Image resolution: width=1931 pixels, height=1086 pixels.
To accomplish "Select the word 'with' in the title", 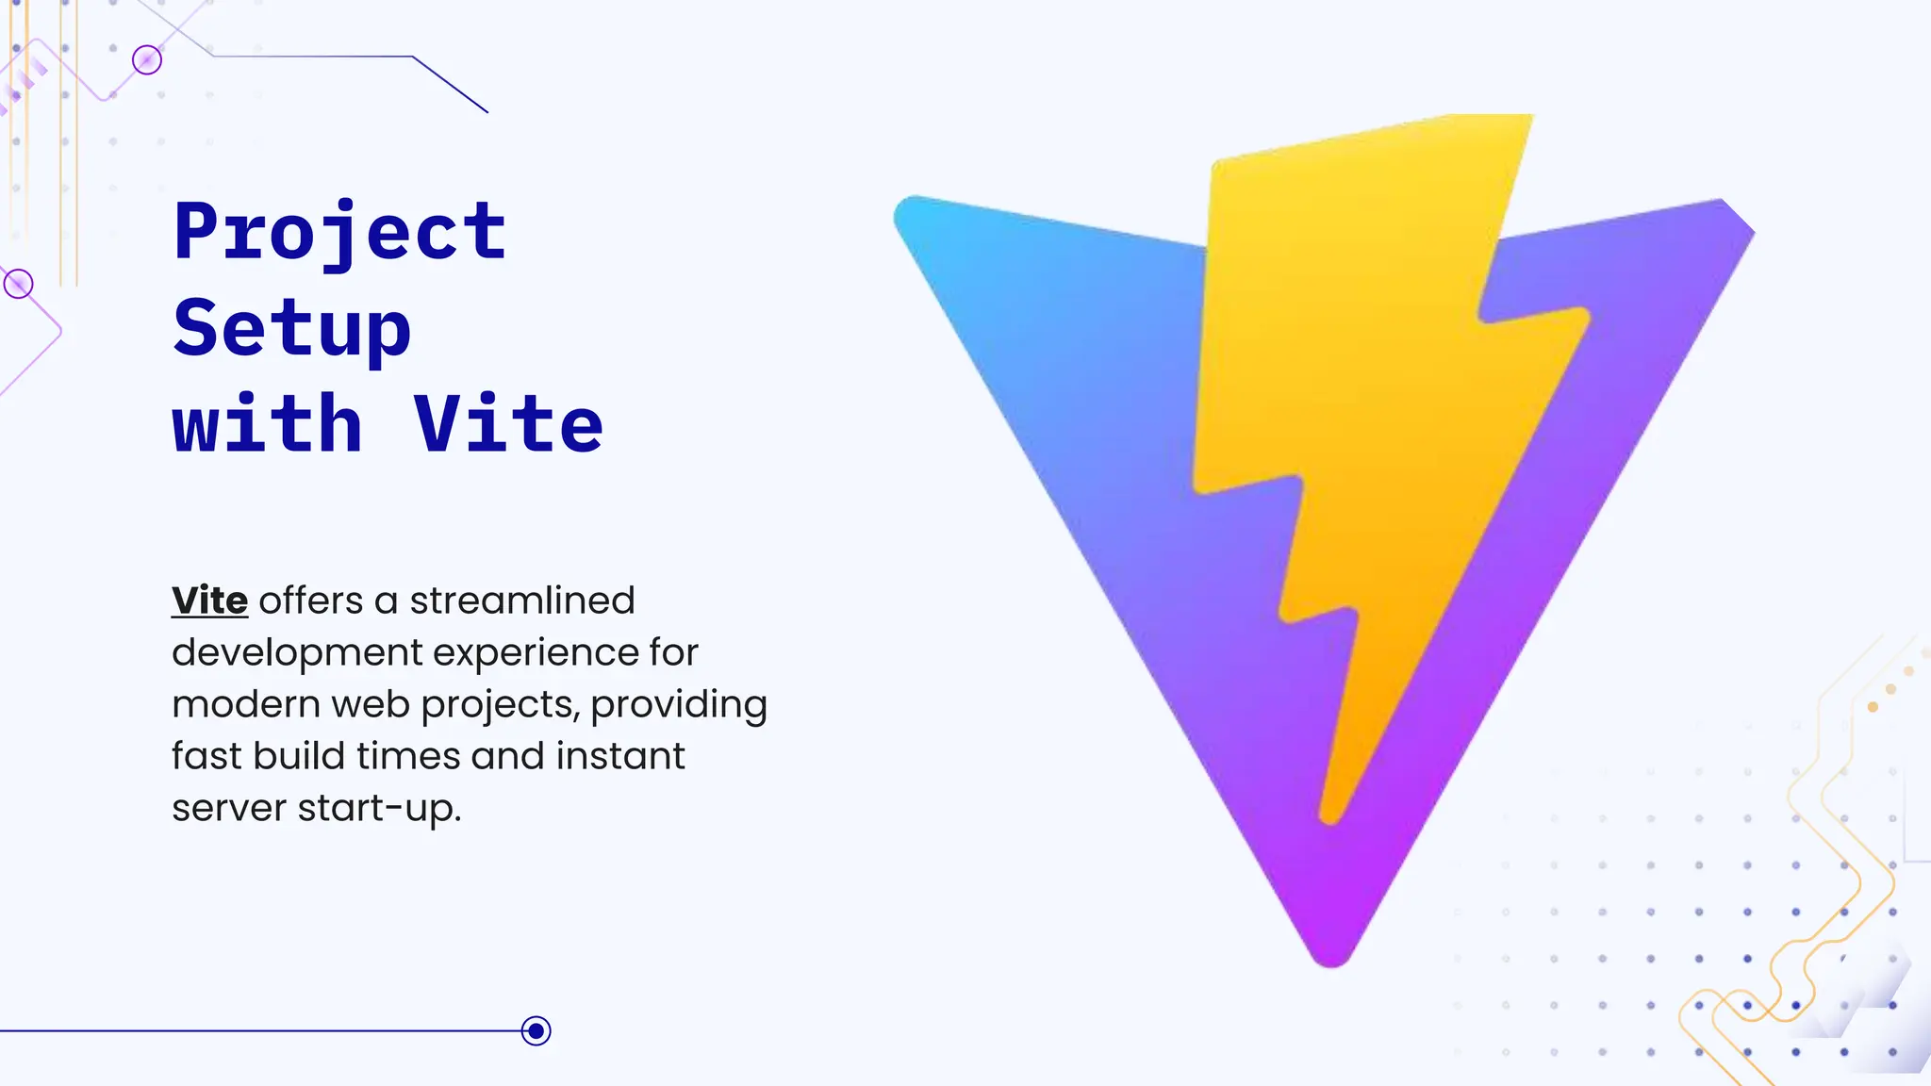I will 268,425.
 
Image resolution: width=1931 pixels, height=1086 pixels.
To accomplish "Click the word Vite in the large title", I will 508,425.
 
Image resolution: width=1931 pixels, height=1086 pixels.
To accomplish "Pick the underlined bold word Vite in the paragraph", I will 209,601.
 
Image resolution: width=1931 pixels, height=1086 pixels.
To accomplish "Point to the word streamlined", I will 521,601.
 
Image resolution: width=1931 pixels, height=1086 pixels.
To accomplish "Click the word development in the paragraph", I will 297,652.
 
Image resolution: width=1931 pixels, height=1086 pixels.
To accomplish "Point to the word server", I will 229,809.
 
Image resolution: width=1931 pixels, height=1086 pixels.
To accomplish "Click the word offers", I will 311,601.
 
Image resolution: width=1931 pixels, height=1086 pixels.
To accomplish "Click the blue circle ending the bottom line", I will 536,1030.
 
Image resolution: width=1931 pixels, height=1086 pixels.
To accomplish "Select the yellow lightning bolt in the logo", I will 1358,396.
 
